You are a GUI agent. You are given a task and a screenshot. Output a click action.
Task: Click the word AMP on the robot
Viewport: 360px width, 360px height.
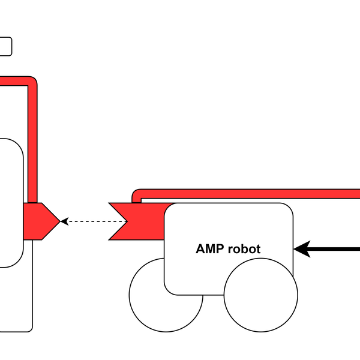click(209, 248)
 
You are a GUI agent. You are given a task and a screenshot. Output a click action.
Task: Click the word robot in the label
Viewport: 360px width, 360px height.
click(244, 248)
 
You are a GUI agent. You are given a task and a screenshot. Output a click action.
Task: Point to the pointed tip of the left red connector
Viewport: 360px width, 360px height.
click(58, 221)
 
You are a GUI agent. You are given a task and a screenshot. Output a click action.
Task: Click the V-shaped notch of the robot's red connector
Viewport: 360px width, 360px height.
click(124, 221)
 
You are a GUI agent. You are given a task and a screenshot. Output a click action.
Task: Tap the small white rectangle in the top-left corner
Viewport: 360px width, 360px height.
click(5, 46)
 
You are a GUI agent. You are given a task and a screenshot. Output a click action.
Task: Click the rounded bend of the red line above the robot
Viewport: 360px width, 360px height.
click(136, 194)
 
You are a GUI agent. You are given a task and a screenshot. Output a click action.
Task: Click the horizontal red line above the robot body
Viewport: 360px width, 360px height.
click(252, 194)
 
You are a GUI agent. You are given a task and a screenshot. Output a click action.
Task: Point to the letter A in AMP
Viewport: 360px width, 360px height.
click(200, 248)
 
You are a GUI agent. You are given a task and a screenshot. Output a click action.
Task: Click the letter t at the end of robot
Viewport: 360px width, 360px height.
click(258, 248)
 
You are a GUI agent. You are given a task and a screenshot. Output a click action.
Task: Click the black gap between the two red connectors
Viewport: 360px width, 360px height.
click(85, 221)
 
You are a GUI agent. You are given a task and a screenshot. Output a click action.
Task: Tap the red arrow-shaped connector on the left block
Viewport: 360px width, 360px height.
click(41, 221)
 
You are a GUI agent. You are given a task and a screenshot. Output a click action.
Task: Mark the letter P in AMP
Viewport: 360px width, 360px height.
click(219, 248)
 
